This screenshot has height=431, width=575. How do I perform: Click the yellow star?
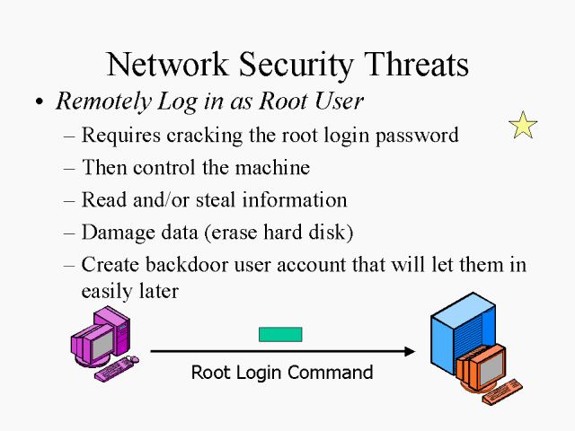(x=523, y=125)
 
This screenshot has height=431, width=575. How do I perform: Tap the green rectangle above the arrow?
(x=280, y=334)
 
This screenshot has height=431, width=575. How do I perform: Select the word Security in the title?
(x=292, y=65)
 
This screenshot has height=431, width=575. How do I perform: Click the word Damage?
(x=111, y=232)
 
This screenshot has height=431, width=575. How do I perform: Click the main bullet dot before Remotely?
(x=39, y=103)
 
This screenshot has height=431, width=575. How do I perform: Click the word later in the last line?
(x=157, y=291)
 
